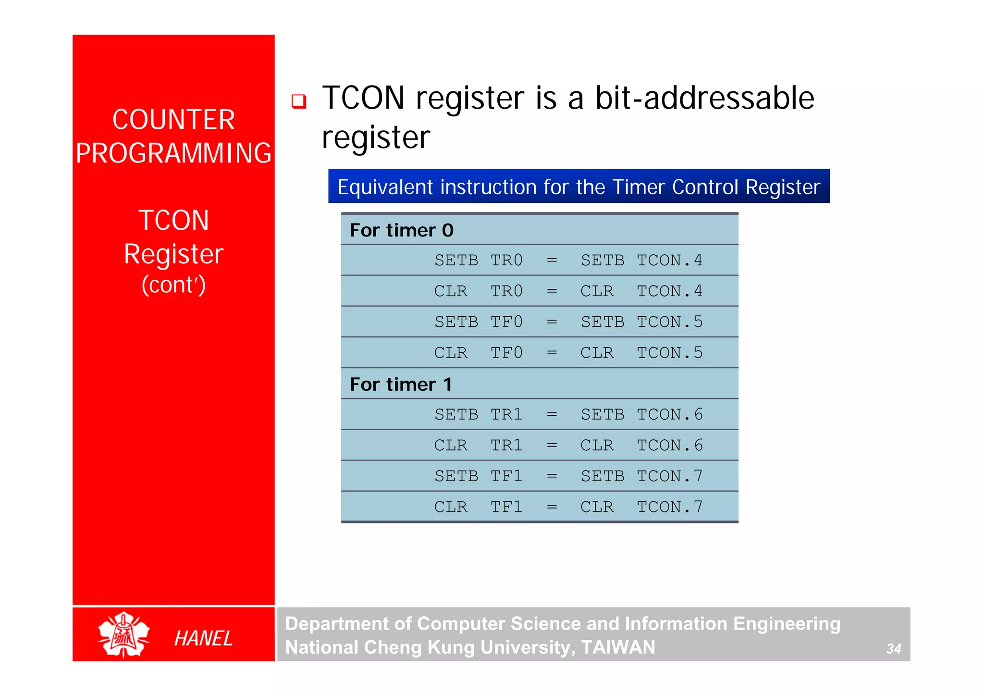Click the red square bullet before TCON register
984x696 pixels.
(x=299, y=101)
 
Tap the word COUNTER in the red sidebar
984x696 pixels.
(x=173, y=120)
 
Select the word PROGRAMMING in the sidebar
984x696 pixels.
(x=173, y=153)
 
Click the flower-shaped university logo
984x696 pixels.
(x=123, y=635)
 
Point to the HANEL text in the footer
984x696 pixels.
(x=203, y=638)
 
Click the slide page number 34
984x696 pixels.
(x=893, y=649)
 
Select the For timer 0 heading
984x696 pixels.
(x=402, y=230)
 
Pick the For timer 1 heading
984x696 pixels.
(x=401, y=385)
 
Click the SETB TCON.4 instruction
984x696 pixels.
(x=641, y=261)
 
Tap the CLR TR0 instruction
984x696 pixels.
(x=478, y=291)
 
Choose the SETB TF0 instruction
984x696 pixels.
(x=478, y=322)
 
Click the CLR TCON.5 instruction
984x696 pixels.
(x=641, y=353)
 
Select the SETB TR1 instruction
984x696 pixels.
(x=478, y=414)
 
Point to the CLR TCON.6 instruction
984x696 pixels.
(x=641, y=445)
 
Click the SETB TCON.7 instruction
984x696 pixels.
(x=641, y=476)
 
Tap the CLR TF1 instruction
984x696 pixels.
(x=478, y=507)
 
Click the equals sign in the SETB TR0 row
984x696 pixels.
(x=552, y=261)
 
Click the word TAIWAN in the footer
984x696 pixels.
(x=618, y=647)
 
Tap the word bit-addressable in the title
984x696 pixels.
(x=704, y=98)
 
